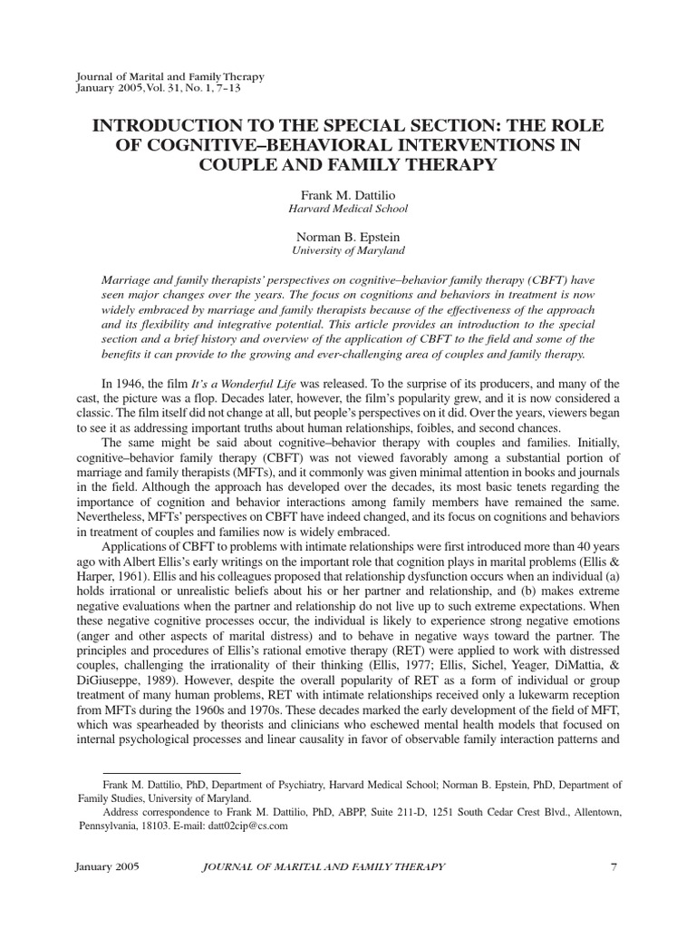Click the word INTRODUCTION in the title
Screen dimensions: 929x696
click(x=155, y=124)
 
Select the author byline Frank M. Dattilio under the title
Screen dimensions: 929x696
click(x=348, y=194)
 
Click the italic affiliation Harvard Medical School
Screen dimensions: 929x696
click(x=348, y=208)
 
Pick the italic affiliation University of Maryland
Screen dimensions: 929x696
click(x=348, y=249)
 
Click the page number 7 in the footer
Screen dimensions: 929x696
click(x=614, y=868)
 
